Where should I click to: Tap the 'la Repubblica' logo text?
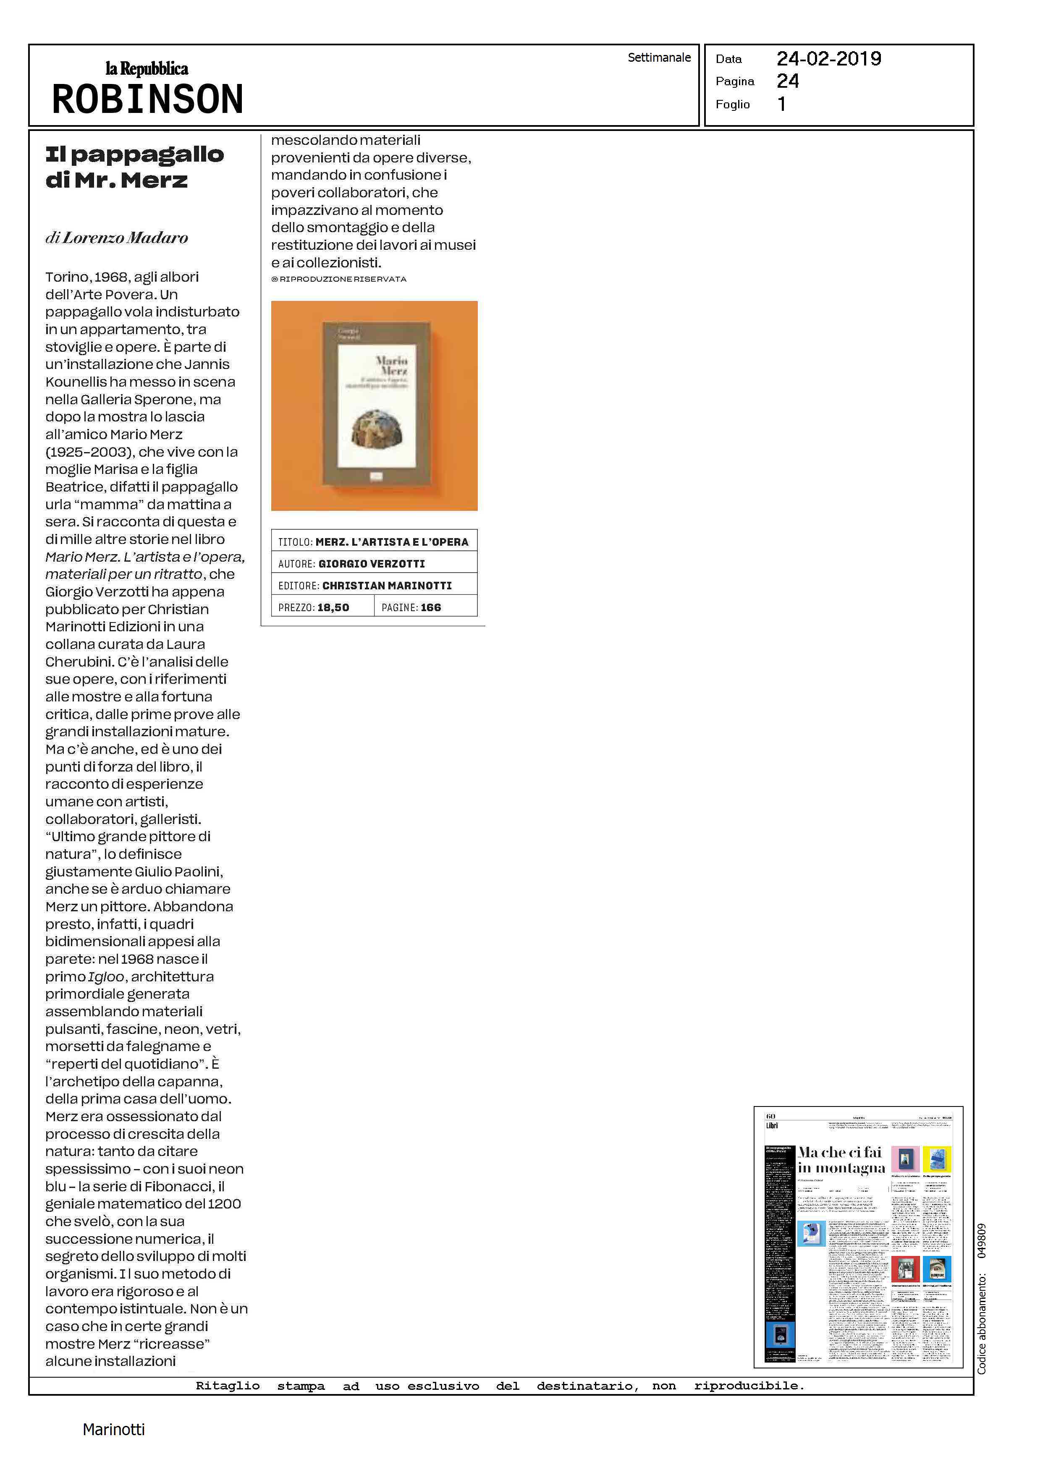tap(147, 68)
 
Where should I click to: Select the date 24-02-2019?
tap(828, 59)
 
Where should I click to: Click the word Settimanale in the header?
tap(659, 58)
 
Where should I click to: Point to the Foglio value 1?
tap(781, 104)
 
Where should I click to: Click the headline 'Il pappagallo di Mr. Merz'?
tap(134, 167)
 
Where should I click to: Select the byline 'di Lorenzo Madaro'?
tap(117, 238)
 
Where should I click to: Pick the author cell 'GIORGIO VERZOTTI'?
tap(372, 564)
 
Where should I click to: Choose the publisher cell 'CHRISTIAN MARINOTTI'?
tap(387, 586)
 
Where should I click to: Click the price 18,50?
tap(333, 608)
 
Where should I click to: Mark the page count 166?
tap(430, 608)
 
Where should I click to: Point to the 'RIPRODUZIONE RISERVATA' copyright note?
tap(343, 279)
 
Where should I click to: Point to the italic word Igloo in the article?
tap(106, 976)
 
